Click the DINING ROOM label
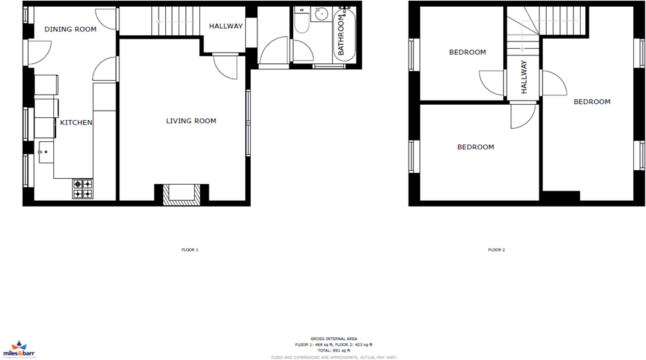[70, 29]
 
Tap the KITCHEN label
[77, 123]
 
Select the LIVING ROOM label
[191, 121]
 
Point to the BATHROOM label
[341, 37]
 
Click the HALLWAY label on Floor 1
[226, 26]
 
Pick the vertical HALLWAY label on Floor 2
[524, 77]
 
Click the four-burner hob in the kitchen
[83, 189]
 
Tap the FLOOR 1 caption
[190, 250]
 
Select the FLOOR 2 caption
[496, 250]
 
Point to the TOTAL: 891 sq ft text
[333, 350]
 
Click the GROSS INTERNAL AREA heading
[333, 339]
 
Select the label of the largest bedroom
[592, 102]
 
